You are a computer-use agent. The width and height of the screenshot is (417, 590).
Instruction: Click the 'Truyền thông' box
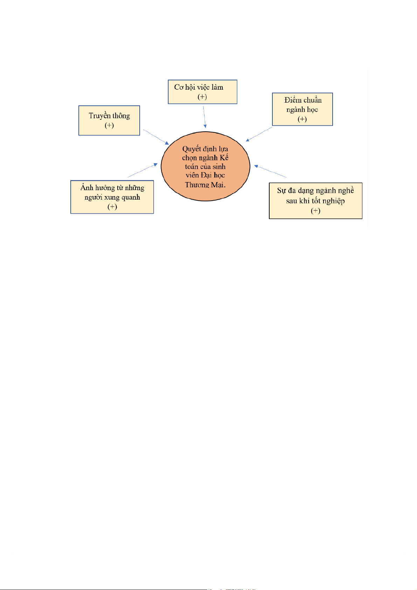pyautogui.click(x=109, y=120)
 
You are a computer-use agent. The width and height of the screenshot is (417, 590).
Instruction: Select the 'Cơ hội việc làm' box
pyautogui.click(x=202, y=92)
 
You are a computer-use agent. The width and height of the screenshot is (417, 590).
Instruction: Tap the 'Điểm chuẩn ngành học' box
pyautogui.click(x=302, y=109)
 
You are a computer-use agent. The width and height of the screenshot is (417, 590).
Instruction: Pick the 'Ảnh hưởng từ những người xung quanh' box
pyautogui.click(x=112, y=197)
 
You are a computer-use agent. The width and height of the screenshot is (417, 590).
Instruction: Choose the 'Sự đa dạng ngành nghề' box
pyautogui.click(x=315, y=201)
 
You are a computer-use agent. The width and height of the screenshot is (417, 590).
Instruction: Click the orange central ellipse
pyautogui.click(x=205, y=167)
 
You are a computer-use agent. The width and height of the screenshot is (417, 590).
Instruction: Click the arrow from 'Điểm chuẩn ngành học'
pyautogui.click(x=259, y=134)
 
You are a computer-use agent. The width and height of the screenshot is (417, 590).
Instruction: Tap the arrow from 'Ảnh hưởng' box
pyautogui.click(x=143, y=170)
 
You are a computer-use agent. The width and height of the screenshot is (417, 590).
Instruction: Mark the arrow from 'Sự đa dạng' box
pyautogui.click(x=270, y=171)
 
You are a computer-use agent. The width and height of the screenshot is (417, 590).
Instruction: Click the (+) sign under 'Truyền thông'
pyautogui.click(x=109, y=125)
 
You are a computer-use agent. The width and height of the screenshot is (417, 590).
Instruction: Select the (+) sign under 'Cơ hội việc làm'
pyautogui.click(x=202, y=97)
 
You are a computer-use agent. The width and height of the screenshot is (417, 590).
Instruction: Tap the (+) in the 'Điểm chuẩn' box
pyautogui.click(x=302, y=119)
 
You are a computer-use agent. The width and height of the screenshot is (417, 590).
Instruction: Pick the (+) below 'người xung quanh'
pyautogui.click(x=112, y=207)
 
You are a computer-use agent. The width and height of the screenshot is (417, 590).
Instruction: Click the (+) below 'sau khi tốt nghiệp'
pyautogui.click(x=315, y=211)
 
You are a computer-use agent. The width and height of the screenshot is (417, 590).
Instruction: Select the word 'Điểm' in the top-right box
pyautogui.click(x=293, y=100)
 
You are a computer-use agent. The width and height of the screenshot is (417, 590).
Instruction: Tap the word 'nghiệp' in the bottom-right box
pyautogui.click(x=333, y=201)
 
